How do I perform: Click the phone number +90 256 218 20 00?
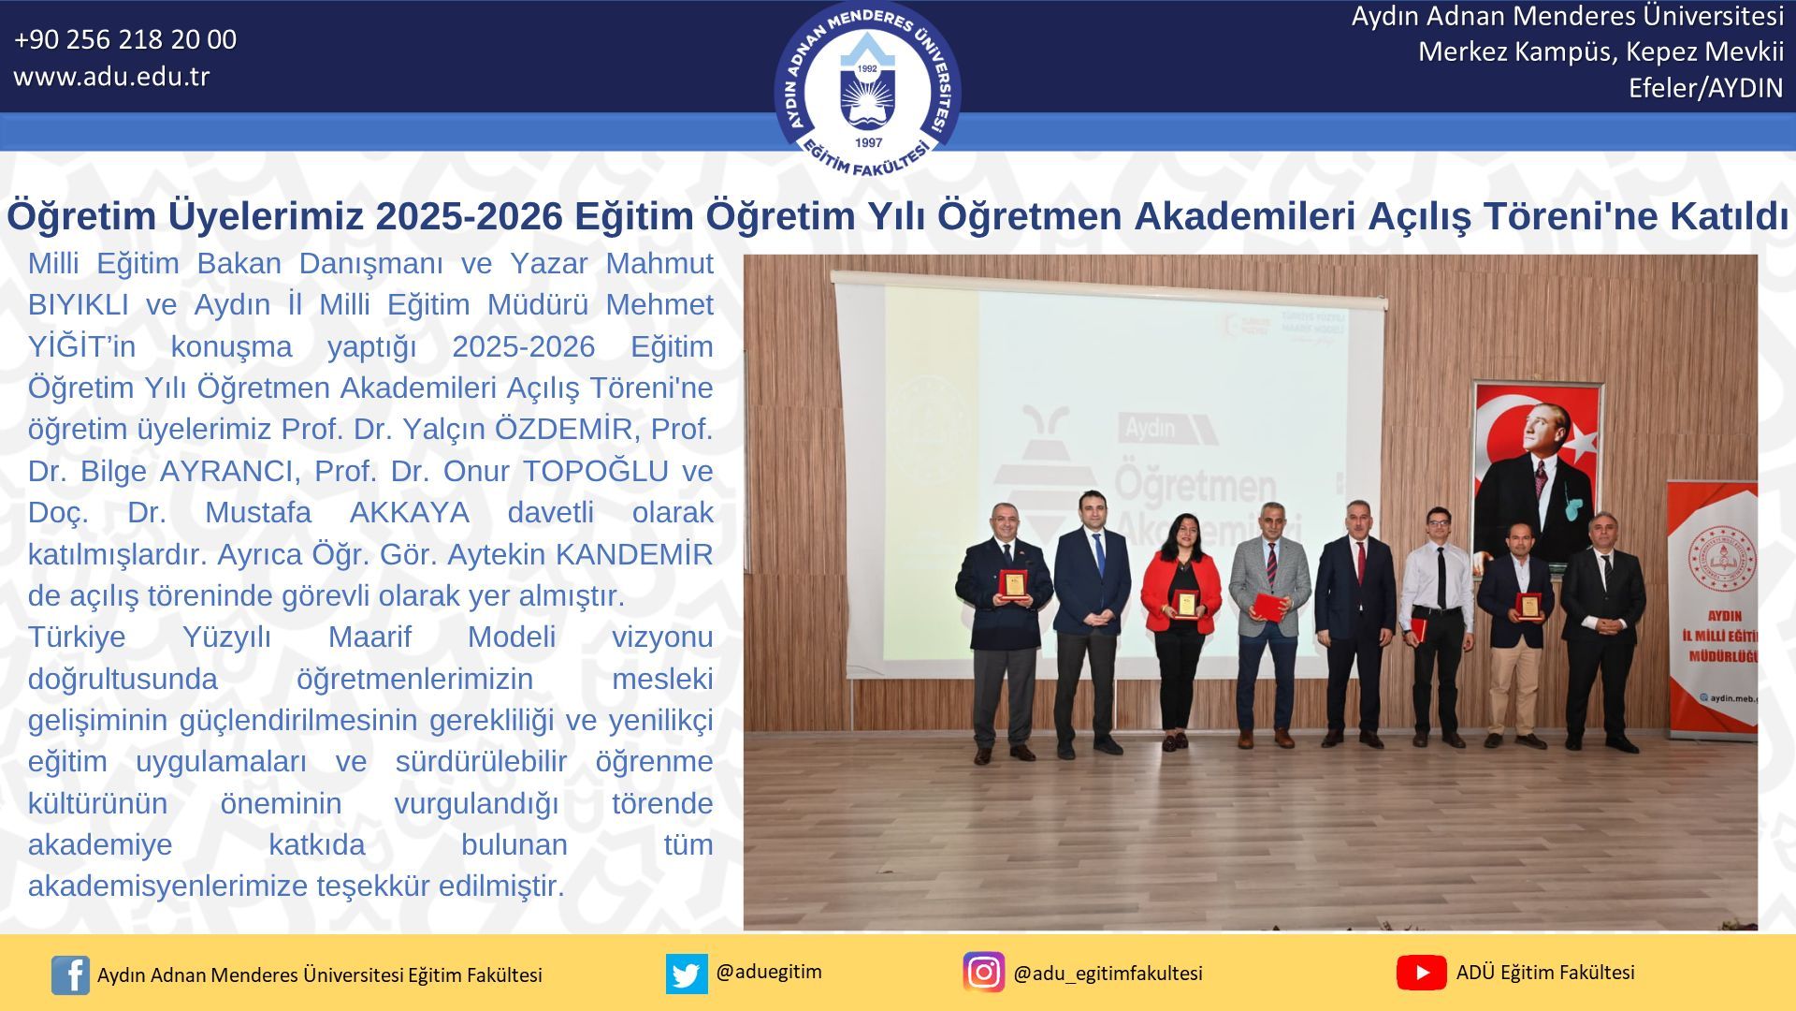point(125,39)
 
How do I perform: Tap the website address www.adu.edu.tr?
point(111,77)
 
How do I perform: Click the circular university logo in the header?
point(868,90)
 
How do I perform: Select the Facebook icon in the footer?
point(70,974)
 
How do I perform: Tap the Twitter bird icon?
point(687,974)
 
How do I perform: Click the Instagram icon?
point(983,973)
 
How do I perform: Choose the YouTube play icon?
point(1421,973)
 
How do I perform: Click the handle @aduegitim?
point(769,972)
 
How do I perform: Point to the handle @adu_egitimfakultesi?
point(1108,974)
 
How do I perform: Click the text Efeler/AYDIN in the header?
point(1706,88)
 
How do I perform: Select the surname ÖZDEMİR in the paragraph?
point(564,429)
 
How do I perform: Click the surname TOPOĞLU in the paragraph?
point(596,471)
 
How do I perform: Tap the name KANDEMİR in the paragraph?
point(634,554)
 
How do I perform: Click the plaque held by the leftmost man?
point(1012,584)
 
